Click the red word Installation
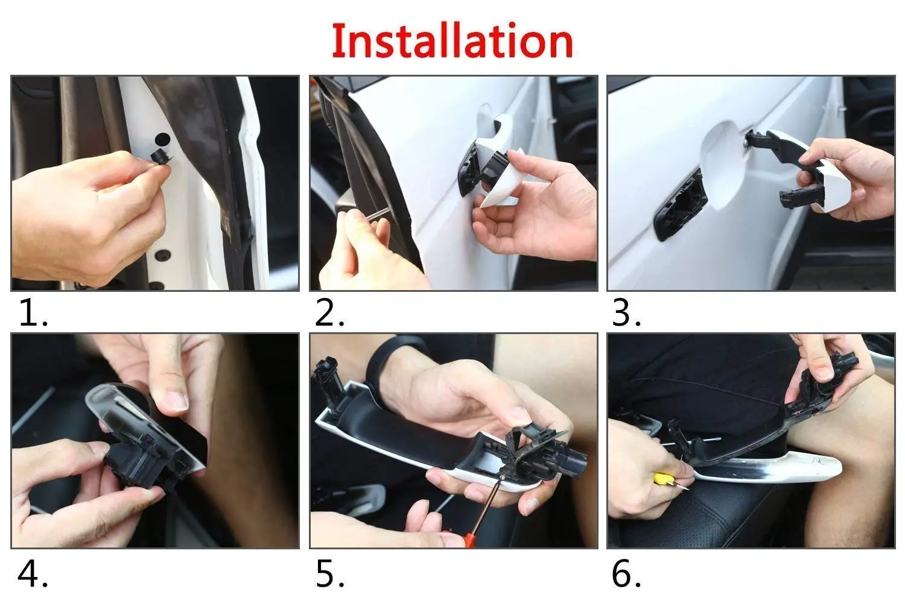452,41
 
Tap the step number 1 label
33,313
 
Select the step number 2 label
329,313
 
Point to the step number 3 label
626,313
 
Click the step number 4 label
33,573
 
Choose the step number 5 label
329,573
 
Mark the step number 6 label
626,573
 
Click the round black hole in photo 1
163,140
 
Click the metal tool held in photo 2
378,213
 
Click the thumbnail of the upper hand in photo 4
176,402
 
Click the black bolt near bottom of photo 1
162,255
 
